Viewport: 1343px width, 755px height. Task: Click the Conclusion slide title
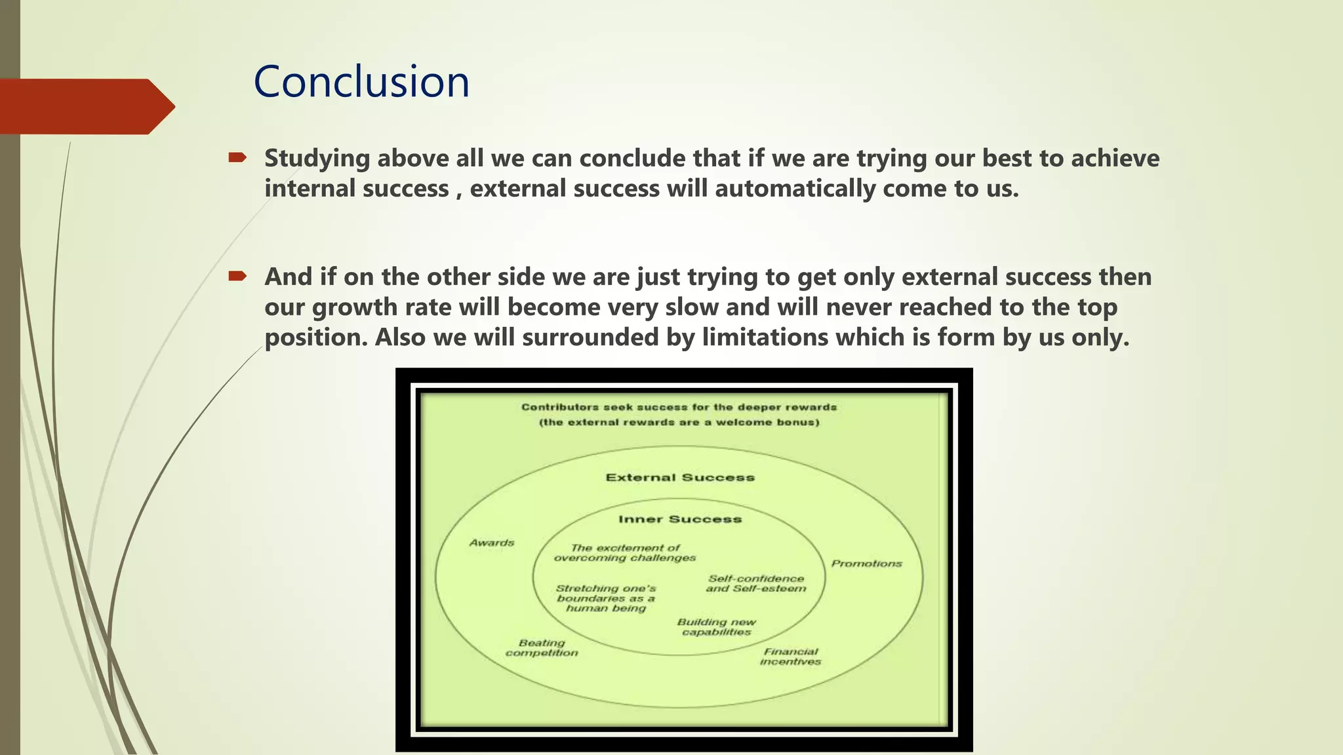(361, 83)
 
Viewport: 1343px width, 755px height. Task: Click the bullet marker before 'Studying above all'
(237, 157)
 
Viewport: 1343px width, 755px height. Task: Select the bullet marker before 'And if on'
(237, 276)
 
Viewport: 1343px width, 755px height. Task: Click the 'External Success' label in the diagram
(680, 478)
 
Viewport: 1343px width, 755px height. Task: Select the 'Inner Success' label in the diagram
(680, 520)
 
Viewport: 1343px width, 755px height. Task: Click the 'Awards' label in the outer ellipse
(492, 543)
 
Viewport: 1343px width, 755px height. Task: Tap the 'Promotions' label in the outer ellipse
(866, 564)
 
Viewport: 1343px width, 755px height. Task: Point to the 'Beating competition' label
(542, 648)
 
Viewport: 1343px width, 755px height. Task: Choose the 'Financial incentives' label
(790, 657)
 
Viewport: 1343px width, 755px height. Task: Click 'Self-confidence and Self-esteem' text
(756, 584)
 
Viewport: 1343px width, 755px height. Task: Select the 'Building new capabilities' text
(716, 627)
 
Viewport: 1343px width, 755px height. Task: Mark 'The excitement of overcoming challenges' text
(624, 553)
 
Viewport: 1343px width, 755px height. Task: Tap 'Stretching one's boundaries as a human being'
(606, 598)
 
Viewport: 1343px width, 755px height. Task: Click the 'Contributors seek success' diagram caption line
(679, 407)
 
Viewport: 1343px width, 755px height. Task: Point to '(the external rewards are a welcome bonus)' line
(679, 422)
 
